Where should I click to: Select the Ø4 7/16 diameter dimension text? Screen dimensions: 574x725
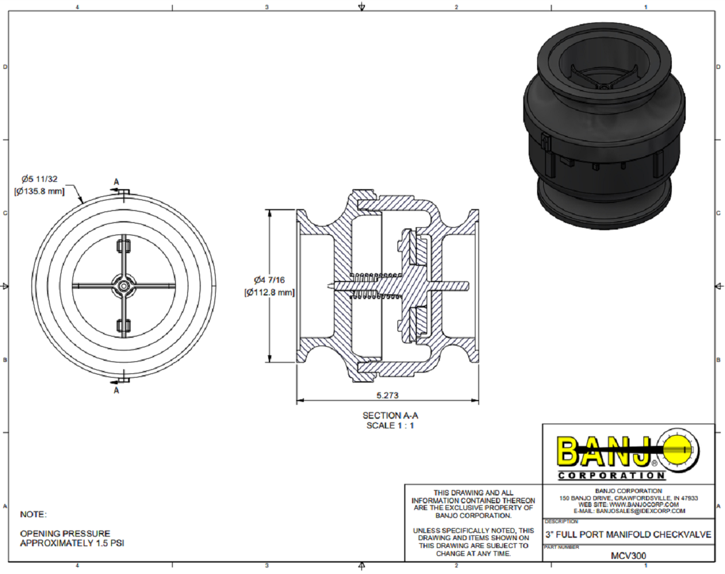click(269, 280)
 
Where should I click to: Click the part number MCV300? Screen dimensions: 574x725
click(628, 554)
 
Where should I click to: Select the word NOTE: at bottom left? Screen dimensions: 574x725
click(33, 515)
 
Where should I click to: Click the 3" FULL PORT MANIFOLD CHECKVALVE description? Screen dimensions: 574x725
click(628, 535)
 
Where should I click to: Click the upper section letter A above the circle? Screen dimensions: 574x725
click(117, 182)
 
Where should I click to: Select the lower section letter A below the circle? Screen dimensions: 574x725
click(117, 390)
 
